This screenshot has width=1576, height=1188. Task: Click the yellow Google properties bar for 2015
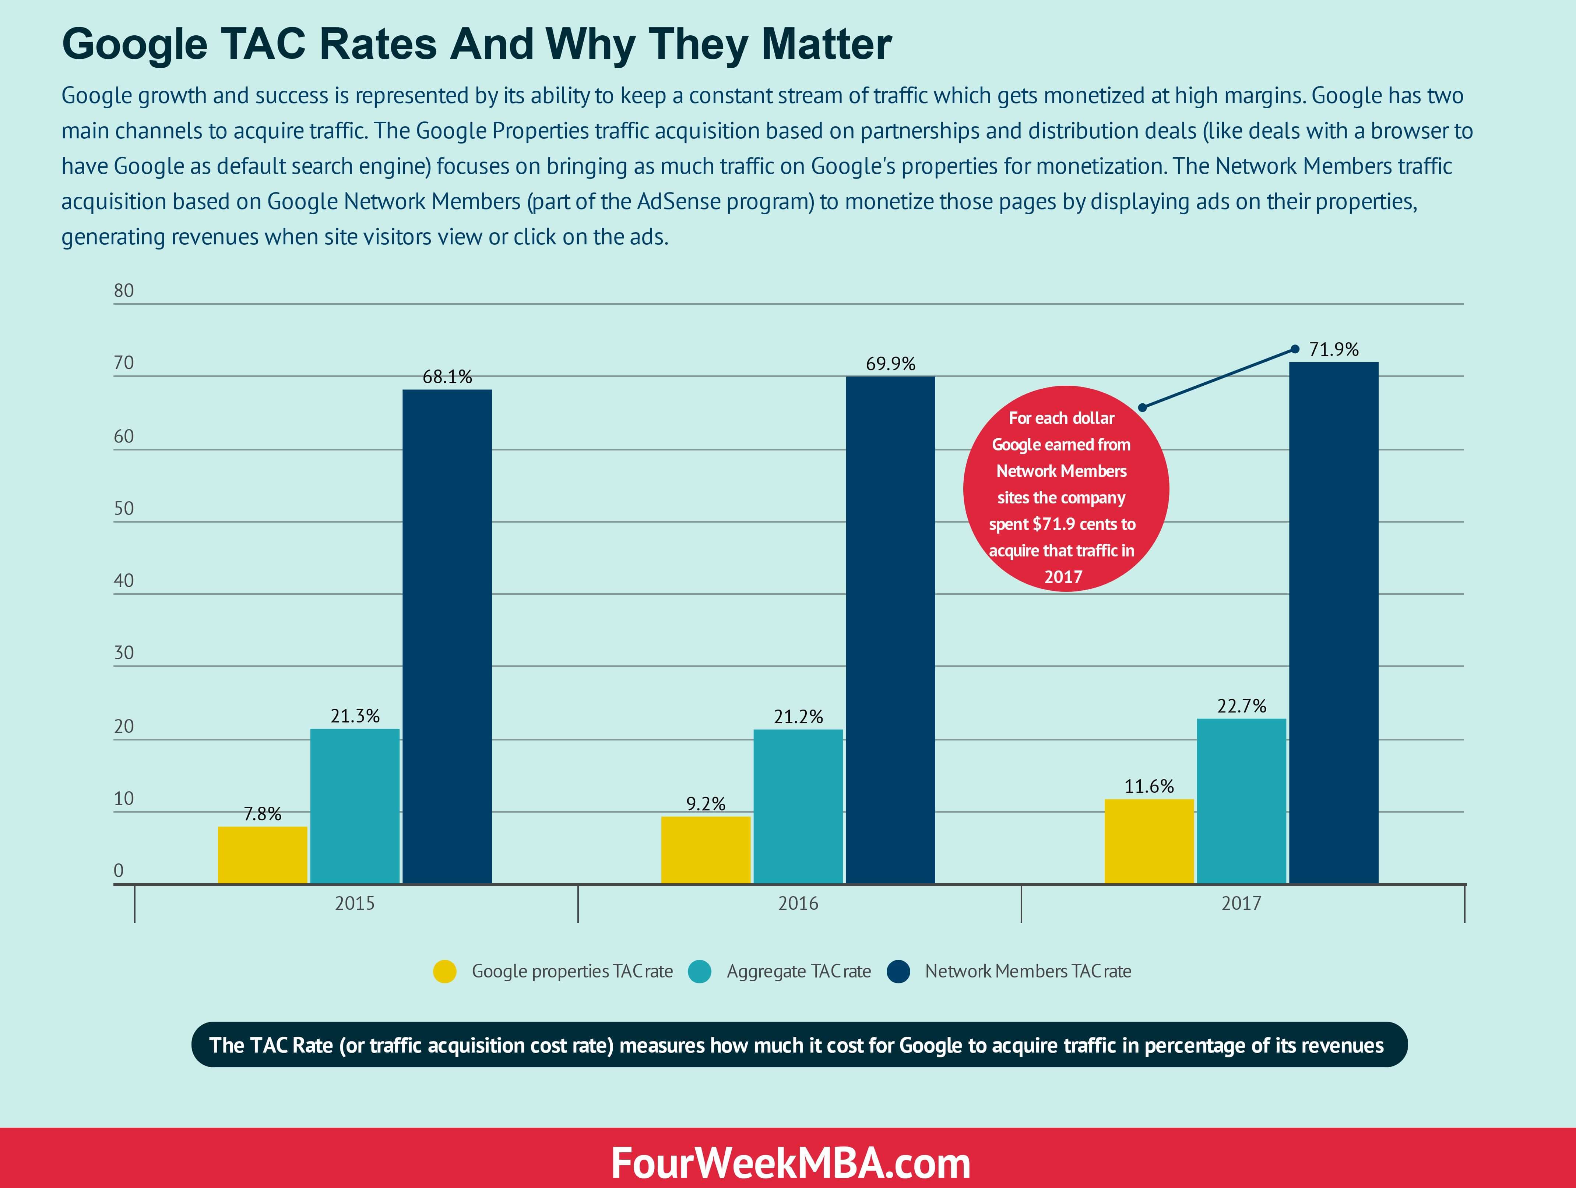click(262, 855)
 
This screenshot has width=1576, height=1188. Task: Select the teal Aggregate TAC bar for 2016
click(798, 806)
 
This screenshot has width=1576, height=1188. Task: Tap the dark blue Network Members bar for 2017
click(1334, 623)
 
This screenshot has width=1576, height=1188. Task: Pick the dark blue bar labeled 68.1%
click(447, 636)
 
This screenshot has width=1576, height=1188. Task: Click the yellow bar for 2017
click(1148, 841)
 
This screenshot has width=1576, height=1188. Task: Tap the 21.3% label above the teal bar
click(355, 716)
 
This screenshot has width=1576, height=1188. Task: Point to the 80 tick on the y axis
click(124, 291)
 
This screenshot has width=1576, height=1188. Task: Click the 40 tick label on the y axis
click(124, 580)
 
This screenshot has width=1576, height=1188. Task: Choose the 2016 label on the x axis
click(798, 903)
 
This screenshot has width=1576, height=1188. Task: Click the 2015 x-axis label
click(355, 903)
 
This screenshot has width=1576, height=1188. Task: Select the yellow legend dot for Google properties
click(444, 972)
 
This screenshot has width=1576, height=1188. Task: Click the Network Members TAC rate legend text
click(1027, 972)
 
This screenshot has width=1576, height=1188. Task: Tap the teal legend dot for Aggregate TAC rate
click(700, 972)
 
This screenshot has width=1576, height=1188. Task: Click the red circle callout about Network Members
click(1065, 489)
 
